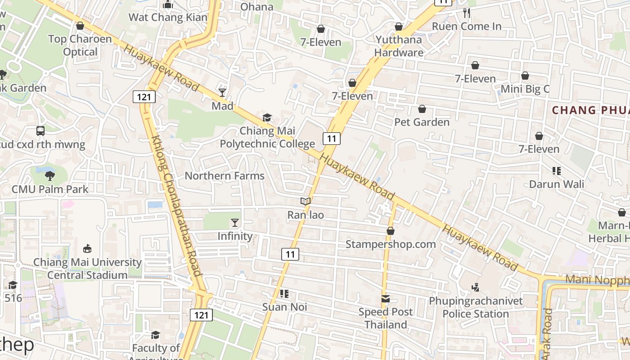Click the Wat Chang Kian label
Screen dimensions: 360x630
pos(168,18)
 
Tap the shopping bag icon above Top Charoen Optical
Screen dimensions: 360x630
pos(80,26)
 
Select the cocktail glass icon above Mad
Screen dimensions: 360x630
pos(222,93)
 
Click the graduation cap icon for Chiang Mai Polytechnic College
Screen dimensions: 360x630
pos(267,118)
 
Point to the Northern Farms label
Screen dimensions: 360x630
pos(225,176)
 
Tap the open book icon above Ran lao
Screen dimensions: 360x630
pos(306,202)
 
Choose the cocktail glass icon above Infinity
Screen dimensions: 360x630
pos(234,223)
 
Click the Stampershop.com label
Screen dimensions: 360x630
pos(391,244)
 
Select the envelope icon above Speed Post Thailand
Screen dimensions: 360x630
pos(386,299)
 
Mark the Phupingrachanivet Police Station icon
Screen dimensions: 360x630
pos(475,287)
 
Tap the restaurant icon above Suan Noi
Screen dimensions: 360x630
pos(284,294)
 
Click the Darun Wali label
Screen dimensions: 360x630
pos(557,184)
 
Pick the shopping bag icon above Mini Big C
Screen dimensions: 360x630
pos(525,76)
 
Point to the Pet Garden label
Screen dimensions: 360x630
pos(422,122)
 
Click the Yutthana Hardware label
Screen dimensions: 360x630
pos(399,46)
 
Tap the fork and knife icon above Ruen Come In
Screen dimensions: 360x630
pos(467,13)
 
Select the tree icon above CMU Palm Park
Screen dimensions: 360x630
pos(50,176)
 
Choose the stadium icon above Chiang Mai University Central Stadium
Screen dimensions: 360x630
pos(88,249)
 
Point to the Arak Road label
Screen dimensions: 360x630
pos(547,333)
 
